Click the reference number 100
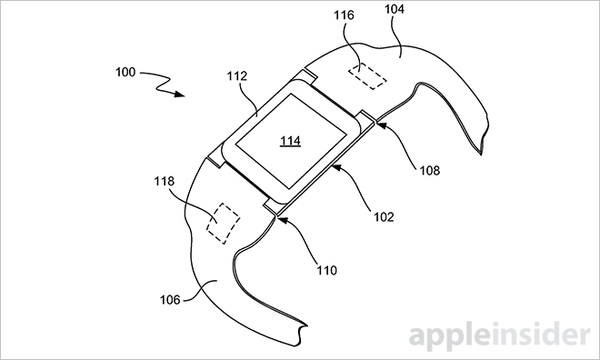click(125, 72)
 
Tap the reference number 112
click(237, 76)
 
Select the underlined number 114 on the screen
click(290, 141)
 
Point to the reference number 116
click(344, 15)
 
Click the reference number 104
click(395, 9)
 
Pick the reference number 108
click(430, 170)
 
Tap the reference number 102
click(384, 217)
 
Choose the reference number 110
click(326, 271)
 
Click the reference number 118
click(165, 181)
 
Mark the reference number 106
click(170, 300)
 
